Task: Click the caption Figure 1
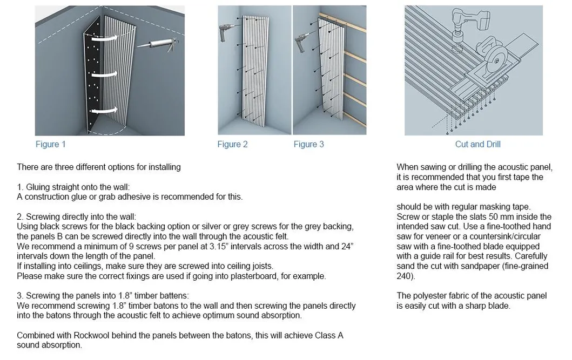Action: click(x=50, y=144)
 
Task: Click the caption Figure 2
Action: click(x=232, y=144)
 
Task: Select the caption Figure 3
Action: click(x=308, y=144)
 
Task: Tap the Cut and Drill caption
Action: click(x=477, y=144)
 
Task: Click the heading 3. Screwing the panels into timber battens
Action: click(x=103, y=296)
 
